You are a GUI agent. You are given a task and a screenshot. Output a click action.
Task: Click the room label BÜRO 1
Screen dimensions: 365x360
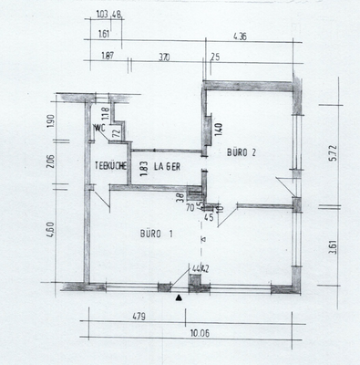[x=157, y=234]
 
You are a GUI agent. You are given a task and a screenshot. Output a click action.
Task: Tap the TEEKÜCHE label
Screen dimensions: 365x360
[x=110, y=165]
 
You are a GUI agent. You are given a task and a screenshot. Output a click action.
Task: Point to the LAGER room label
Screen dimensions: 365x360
[x=168, y=165]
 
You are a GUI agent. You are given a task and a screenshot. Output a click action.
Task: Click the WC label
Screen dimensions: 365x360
[x=98, y=128]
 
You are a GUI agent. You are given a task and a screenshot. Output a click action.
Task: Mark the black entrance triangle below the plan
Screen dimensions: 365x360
[x=180, y=297]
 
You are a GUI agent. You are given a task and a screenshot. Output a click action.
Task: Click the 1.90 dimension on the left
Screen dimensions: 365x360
[x=50, y=120]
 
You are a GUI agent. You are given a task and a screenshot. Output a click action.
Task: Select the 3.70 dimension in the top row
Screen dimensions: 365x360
[x=164, y=57]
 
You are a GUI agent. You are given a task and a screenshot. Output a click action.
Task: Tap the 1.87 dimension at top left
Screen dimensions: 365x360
[x=108, y=57]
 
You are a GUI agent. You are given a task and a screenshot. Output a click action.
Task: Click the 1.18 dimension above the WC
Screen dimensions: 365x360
[x=106, y=113]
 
